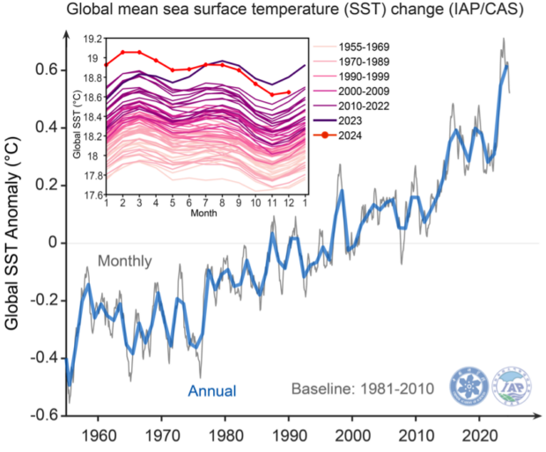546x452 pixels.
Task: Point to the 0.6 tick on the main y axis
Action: (44, 69)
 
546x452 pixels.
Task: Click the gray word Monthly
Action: (124, 261)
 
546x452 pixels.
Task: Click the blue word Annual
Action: (210, 390)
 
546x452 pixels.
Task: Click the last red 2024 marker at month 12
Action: (289, 92)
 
